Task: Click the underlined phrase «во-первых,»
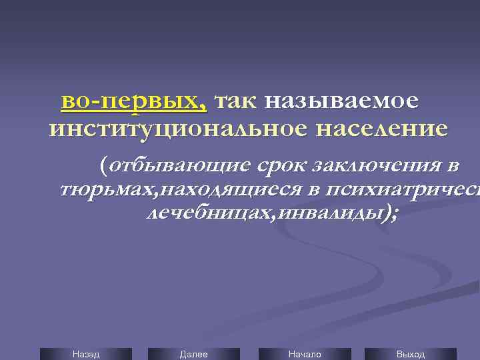pos(134,101)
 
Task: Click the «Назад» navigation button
pos(86,354)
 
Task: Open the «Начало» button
pos(304,354)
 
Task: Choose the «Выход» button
pos(410,354)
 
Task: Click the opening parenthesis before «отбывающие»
pos(103,164)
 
